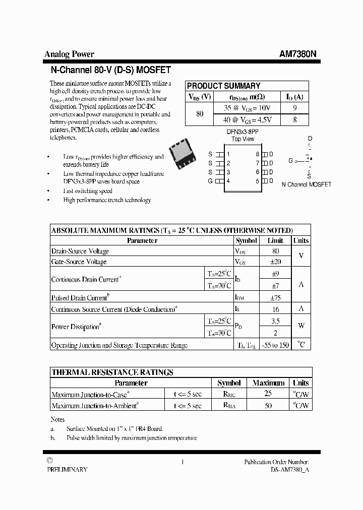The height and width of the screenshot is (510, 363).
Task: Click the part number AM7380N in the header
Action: pos(298,54)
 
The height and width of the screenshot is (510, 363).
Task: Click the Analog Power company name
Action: pos(69,54)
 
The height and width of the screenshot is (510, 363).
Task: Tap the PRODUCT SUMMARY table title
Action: pos(223,86)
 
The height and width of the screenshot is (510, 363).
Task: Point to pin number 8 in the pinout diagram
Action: pos(257,154)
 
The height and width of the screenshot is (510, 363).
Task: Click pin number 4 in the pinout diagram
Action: pos(228,181)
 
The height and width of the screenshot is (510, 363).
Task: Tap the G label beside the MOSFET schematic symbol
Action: pos(291,161)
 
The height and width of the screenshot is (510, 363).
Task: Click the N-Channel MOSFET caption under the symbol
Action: pos(307,184)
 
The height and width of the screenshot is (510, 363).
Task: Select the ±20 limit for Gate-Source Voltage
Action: pos(275,262)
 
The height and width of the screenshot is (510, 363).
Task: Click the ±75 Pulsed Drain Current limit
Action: pos(275,298)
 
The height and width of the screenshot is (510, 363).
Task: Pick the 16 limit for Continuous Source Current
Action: pos(275,309)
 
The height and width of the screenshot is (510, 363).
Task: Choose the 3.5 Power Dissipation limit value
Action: pos(275,321)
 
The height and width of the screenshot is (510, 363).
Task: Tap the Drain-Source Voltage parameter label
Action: pos(80,251)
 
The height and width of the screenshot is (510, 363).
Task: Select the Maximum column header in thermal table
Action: pos(268,383)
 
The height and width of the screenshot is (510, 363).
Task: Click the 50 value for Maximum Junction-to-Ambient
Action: pos(268,405)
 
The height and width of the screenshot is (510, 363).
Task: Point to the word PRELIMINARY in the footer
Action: pos(67,469)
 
